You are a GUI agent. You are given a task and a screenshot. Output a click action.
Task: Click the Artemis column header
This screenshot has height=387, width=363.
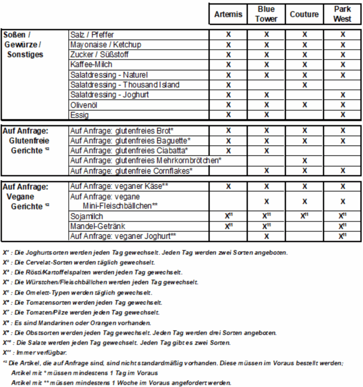(228, 14)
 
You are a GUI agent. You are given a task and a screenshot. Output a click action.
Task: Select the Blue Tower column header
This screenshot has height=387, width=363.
(266, 14)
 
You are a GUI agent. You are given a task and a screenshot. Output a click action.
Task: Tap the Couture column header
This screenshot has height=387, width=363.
(304, 14)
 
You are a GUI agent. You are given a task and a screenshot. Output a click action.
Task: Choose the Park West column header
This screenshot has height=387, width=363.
(343, 14)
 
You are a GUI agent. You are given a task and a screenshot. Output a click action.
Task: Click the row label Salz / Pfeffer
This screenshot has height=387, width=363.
(92, 35)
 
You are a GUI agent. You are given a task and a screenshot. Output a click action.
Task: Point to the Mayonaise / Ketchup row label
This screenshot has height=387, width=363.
(106, 45)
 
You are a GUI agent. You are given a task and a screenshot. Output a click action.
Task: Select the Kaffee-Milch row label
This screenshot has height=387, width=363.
(91, 65)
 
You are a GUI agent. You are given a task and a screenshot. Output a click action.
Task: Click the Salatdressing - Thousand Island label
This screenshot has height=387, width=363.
(125, 85)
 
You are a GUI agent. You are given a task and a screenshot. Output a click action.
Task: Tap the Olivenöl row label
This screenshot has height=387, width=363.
(84, 105)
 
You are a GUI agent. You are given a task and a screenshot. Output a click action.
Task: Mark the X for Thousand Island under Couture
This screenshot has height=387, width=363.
(305, 85)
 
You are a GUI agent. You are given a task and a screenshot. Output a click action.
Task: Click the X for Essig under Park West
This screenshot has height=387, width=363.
(343, 115)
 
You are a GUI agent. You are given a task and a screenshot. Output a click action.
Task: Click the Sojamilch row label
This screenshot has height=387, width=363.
(86, 217)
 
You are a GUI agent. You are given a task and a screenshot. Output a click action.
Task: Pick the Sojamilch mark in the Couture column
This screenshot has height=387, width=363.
(305, 217)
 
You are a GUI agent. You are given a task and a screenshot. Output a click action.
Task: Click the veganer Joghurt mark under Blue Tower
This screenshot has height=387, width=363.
(266, 237)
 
